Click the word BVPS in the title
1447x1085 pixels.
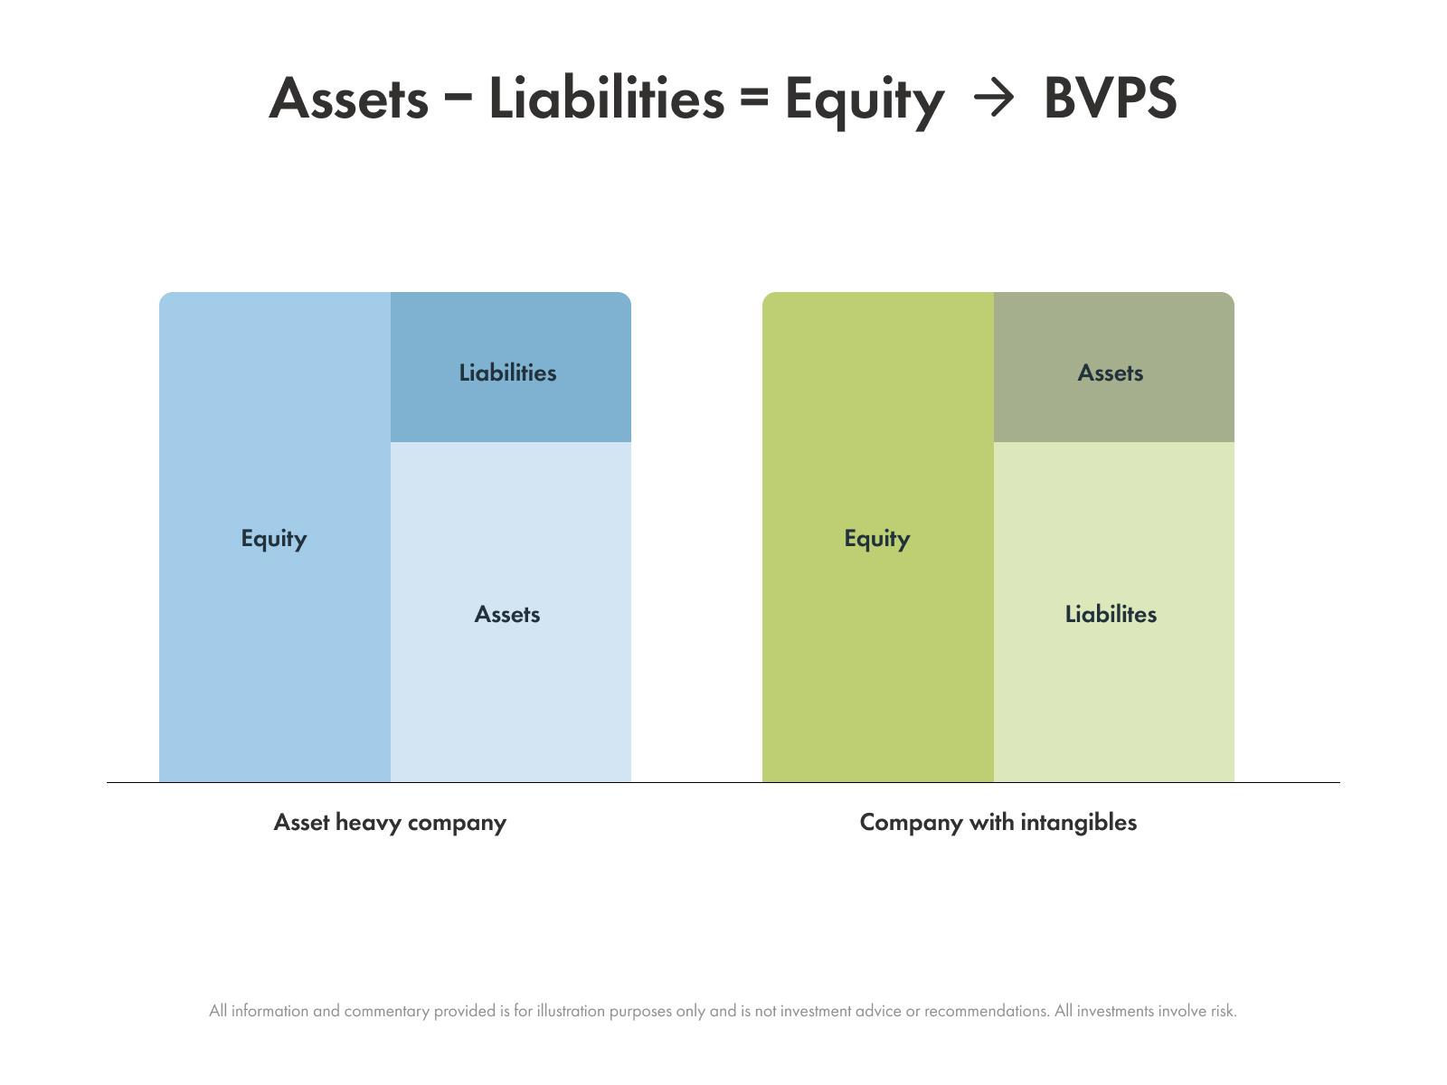coord(1111,98)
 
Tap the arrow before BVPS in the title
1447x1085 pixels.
coord(993,99)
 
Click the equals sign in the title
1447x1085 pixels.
coord(755,97)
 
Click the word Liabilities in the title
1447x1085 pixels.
coord(607,98)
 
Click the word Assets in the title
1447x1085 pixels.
coord(349,99)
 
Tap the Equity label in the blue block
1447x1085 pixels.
coord(274,539)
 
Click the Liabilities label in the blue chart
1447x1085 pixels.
coord(507,373)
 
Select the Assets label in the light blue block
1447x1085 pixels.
coord(507,615)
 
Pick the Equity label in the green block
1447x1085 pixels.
coord(876,539)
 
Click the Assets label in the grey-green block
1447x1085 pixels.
coord(1111,373)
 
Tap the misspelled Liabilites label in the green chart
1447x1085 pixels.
coord(1111,614)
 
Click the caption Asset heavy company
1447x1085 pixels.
coord(390,823)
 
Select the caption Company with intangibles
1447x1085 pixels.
coord(998,823)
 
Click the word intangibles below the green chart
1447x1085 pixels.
coord(1079,822)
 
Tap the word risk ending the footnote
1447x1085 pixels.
coord(1224,1011)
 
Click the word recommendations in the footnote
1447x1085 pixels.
coord(986,1011)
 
